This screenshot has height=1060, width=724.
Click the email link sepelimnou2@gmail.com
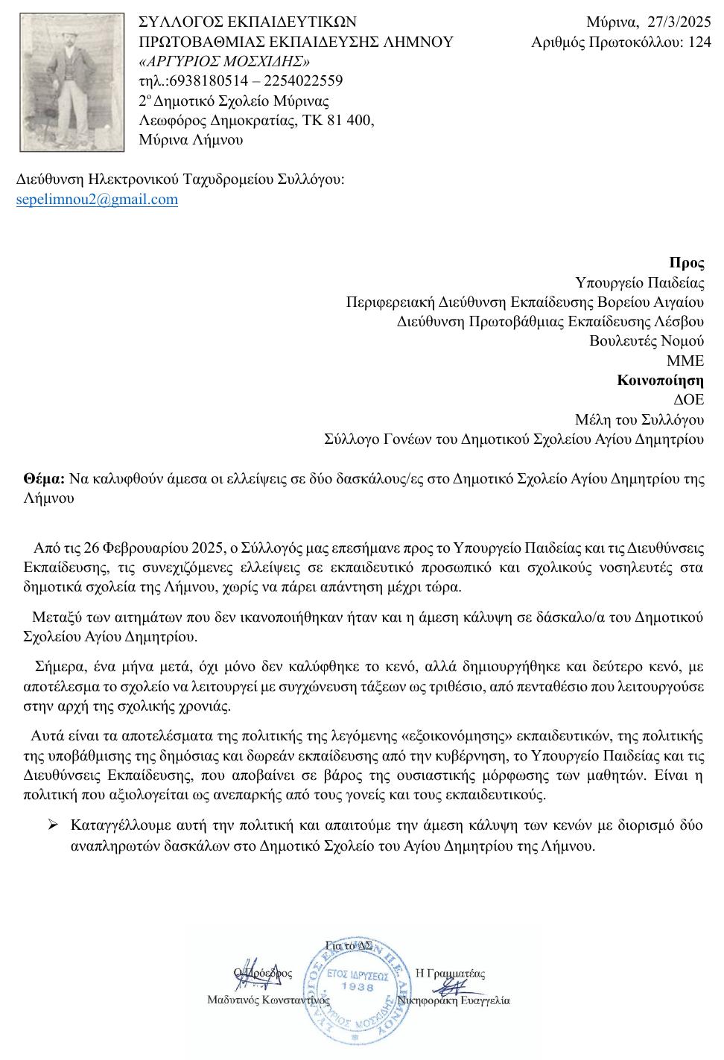click(97, 199)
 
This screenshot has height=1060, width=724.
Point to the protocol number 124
click(699, 42)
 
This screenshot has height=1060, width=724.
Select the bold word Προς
click(686, 263)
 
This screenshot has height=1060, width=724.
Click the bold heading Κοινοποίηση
click(660, 381)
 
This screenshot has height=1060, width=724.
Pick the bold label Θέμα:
click(45, 479)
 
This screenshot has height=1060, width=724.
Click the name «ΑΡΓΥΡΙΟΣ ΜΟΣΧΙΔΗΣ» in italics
click(225, 61)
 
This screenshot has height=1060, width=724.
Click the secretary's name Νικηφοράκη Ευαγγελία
click(454, 1000)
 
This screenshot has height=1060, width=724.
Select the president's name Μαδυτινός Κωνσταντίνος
click(268, 1000)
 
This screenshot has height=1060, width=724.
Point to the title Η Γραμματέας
click(450, 973)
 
